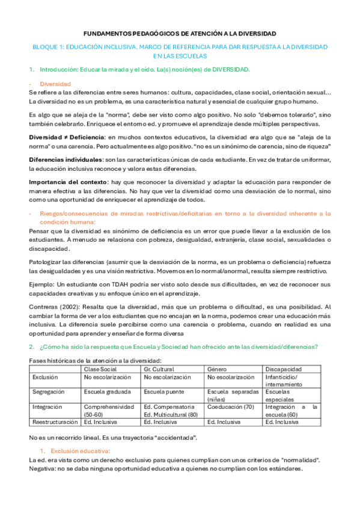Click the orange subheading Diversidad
pos(55,84)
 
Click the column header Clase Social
pos(100,368)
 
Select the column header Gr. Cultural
pos(159,368)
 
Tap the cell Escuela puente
pos(164,391)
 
